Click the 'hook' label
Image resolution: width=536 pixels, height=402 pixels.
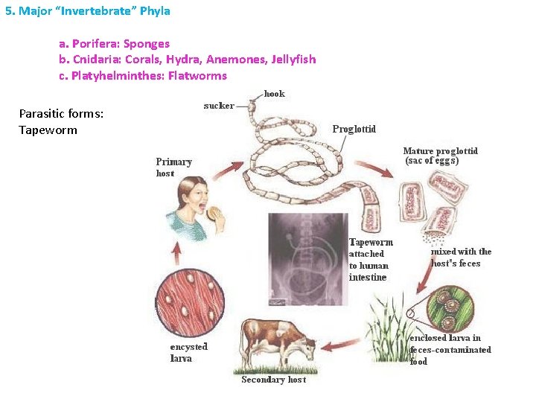274,95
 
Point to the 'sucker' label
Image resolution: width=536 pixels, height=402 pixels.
219,106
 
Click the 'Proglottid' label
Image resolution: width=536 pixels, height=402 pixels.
354,130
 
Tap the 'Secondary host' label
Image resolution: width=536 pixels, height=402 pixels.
273,380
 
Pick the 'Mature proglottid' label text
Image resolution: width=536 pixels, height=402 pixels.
440,152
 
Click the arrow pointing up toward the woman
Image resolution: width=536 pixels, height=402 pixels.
176,254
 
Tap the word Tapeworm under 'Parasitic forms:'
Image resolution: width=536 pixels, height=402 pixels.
48,131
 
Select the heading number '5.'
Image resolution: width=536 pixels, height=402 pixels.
10,11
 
